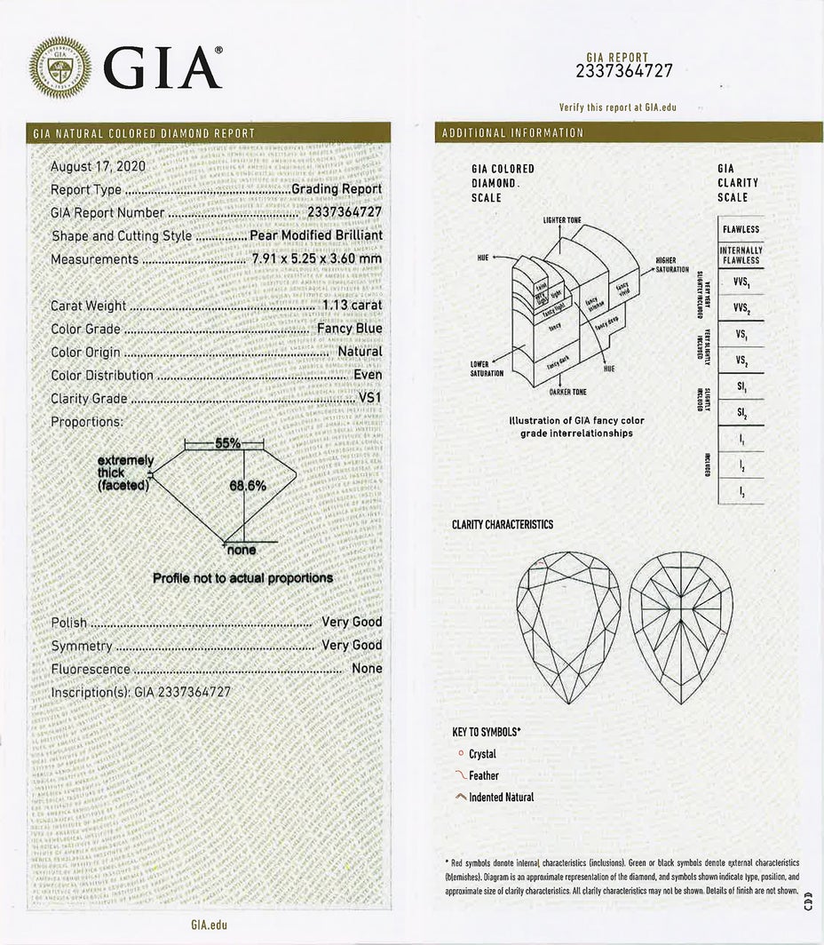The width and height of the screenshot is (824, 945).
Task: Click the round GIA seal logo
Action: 59,66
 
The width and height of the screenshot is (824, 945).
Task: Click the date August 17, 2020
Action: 99,166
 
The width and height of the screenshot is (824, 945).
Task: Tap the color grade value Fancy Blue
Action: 350,329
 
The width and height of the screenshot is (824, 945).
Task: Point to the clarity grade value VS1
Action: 369,398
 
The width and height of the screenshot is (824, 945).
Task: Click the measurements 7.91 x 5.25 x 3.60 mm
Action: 317,259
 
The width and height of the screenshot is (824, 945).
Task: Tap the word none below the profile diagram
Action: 242,551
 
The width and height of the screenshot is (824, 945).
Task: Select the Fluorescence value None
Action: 368,668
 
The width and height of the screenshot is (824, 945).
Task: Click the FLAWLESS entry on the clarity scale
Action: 741,229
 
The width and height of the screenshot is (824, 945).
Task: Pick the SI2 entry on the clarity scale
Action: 741,413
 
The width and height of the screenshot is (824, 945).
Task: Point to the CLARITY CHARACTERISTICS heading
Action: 503,525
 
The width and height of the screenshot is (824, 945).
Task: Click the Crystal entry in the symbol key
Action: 482,754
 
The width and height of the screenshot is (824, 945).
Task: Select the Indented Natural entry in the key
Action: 501,797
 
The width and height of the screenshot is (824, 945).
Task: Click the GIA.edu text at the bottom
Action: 209,925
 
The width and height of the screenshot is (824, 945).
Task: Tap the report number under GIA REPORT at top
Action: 624,72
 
